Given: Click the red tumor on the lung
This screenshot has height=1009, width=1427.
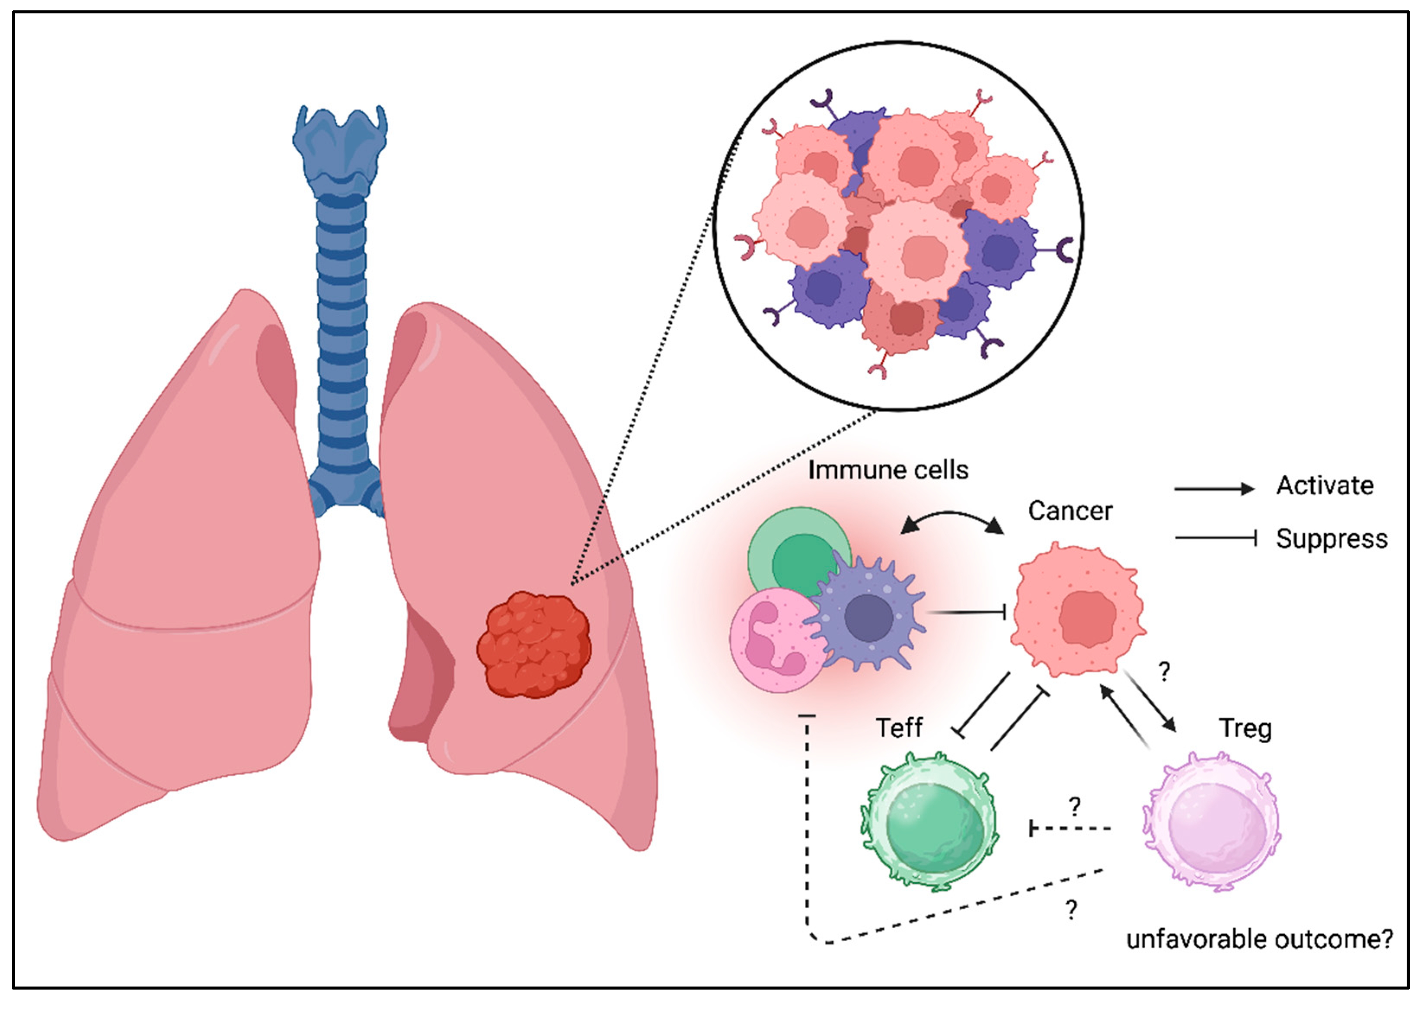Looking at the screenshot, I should tap(534, 644).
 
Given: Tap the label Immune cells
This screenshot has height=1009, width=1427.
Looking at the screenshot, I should tap(887, 470).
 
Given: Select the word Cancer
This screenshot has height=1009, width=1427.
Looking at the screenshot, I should tap(1069, 511).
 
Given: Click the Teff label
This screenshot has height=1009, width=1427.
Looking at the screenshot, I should tap(899, 728).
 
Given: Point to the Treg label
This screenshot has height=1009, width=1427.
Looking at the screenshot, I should tap(1245, 728).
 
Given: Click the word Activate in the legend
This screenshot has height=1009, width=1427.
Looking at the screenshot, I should tap(1325, 486).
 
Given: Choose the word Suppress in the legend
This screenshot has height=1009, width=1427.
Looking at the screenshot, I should tap(1331, 539).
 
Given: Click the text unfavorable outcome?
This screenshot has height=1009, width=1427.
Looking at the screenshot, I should tap(1259, 939).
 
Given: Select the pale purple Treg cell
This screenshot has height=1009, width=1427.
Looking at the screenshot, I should tap(1211, 821).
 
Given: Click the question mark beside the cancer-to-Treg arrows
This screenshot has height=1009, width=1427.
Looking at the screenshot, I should tap(1164, 672).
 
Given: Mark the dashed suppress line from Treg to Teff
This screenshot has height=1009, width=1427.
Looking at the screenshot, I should tap(1070, 828).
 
